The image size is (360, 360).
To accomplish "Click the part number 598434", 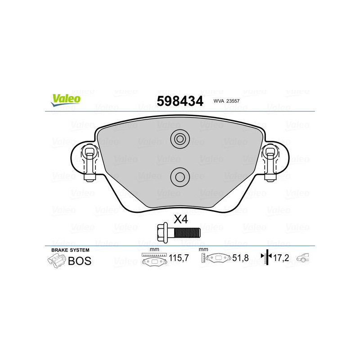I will coord(180,101).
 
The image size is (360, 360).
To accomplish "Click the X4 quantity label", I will coord(180,220).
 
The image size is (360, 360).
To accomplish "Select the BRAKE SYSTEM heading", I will coord(70,250).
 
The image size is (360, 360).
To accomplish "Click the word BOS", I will coord(79,261).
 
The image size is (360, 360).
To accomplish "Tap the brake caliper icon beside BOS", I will coord(56,261).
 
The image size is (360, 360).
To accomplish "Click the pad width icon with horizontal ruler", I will coord(154,260).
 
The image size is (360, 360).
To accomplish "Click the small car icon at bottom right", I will coord(305,258).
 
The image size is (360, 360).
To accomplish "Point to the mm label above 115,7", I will coord(154,250).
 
